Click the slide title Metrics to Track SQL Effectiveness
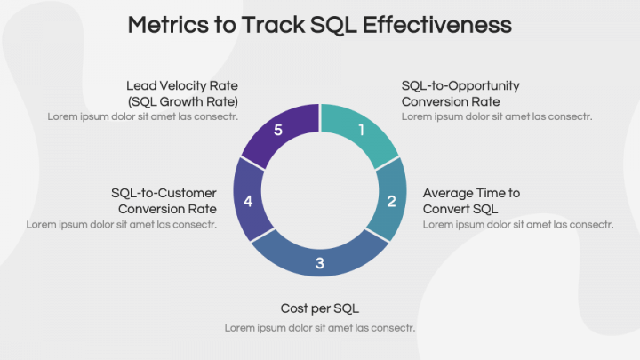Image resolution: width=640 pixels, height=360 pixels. tap(319, 24)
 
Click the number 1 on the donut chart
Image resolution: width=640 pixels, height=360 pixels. tap(361, 130)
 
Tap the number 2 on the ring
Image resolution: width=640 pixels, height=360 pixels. tap(391, 201)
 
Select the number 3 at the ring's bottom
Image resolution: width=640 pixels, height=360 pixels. tap(320, 262)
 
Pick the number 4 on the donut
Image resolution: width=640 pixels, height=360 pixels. tap(248, 202)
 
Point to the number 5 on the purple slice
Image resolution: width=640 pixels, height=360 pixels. tap(278, 131)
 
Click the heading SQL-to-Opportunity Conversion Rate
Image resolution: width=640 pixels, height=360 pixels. tap(460, 93)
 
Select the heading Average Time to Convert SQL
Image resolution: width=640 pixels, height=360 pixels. tap(471, 200)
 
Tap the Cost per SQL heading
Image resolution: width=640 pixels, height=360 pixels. tap(319, 308)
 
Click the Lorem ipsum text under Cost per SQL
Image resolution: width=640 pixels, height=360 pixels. tap(319, 328)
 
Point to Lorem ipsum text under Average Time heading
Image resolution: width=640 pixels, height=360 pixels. tap(517, 224)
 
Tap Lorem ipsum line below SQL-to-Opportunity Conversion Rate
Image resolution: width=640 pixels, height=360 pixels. tap(496, 116)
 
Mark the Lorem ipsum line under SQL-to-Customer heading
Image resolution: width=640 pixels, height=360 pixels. tap(121, 224)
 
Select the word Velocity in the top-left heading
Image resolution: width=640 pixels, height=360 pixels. tap(182, 85)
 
